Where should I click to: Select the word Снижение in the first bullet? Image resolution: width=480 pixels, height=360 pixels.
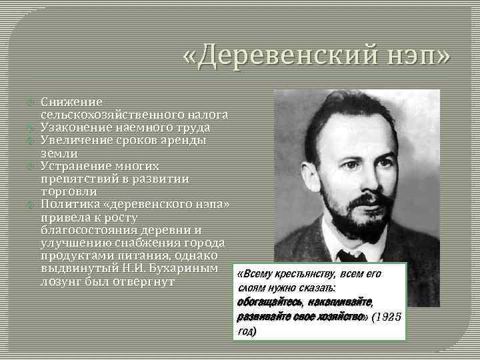coord(71,103)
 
